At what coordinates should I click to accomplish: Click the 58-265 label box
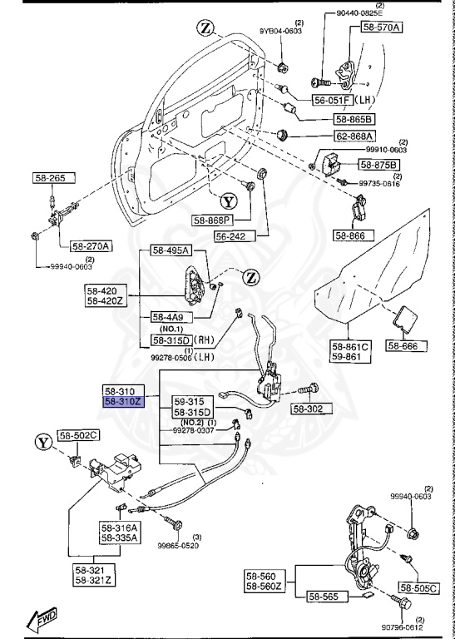tap(55, 177)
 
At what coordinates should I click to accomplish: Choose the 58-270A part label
tap(91, 245)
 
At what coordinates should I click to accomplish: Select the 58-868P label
tap(214, 220)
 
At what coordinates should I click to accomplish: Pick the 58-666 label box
tap(407, 345)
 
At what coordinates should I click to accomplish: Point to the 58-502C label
tap(78, 435)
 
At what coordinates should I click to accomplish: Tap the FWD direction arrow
tap(39, 619)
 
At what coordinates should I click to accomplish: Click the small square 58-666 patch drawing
tap(405, 319)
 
